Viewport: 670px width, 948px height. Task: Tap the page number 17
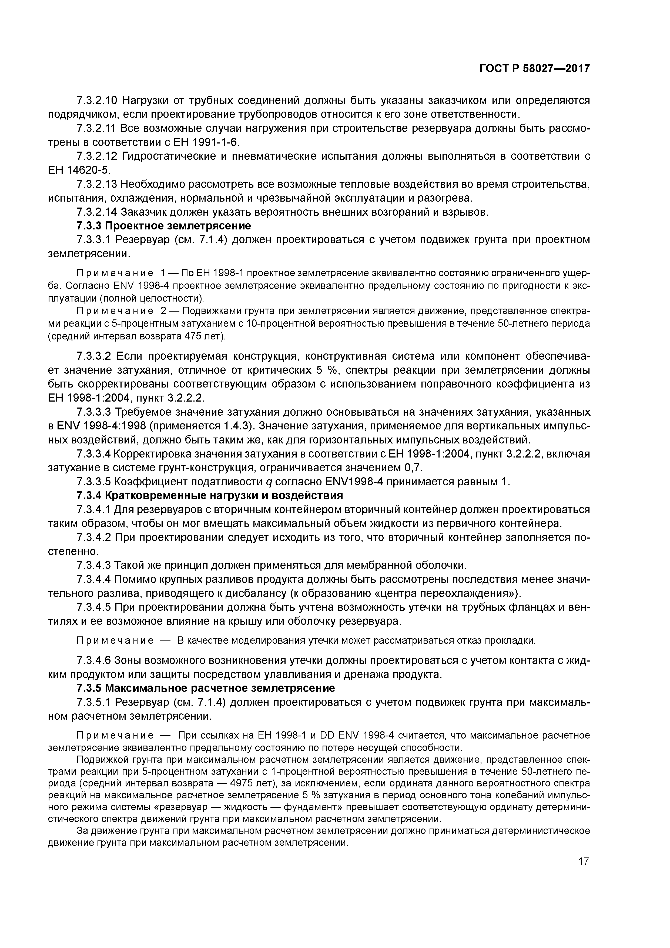(x=583, y=861)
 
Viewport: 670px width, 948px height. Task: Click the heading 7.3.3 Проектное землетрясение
(x=163, y=226)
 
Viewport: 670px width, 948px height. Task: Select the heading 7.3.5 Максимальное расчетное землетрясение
(x=206, y=688)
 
